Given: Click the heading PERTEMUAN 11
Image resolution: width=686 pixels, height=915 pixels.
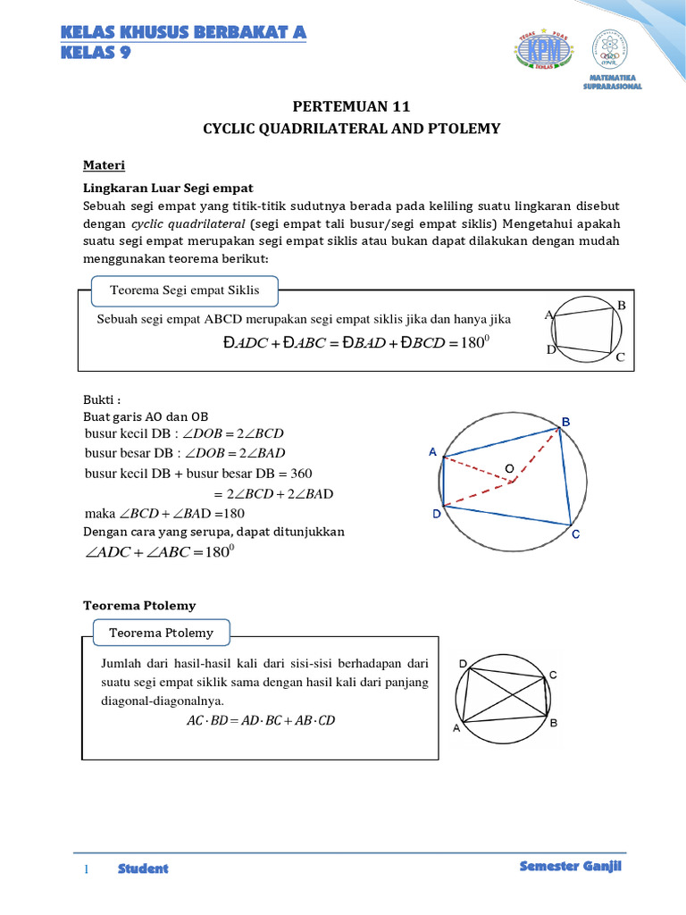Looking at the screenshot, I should click(x=343, y=105).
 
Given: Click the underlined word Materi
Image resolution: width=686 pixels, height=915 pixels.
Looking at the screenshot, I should click(x=104, y=166).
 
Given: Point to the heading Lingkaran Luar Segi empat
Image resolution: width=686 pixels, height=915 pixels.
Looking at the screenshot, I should click(x=169, y=188).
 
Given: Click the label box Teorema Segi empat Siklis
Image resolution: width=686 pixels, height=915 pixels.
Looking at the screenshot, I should click(x=184, y=290).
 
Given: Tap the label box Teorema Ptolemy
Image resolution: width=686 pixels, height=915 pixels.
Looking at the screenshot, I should click(x=162, y=633).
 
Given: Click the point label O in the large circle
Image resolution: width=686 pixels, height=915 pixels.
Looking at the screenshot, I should click(x=510, y=468).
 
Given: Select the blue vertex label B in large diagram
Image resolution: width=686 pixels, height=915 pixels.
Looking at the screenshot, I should click(x=565, y=421).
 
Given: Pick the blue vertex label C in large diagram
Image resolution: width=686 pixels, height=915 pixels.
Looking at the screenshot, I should click(x=576, y=534).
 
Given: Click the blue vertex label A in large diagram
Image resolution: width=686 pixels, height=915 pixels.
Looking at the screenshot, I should click(x=432, y=452).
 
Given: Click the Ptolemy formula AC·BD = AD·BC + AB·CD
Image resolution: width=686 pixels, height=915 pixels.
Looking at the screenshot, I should click(x=261, y=720).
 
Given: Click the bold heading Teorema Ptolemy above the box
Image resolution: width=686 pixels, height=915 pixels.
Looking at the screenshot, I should click(x=139, y=605).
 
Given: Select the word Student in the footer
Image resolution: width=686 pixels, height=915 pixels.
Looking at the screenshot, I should click(x=143, y=869).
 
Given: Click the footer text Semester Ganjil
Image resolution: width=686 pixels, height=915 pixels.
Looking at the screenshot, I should click(x=570, y=868).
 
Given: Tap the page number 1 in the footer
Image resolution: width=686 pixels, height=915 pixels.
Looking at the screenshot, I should click(x=87, y=869).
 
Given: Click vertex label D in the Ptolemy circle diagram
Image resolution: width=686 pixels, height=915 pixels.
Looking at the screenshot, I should click(x=463, y=664).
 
